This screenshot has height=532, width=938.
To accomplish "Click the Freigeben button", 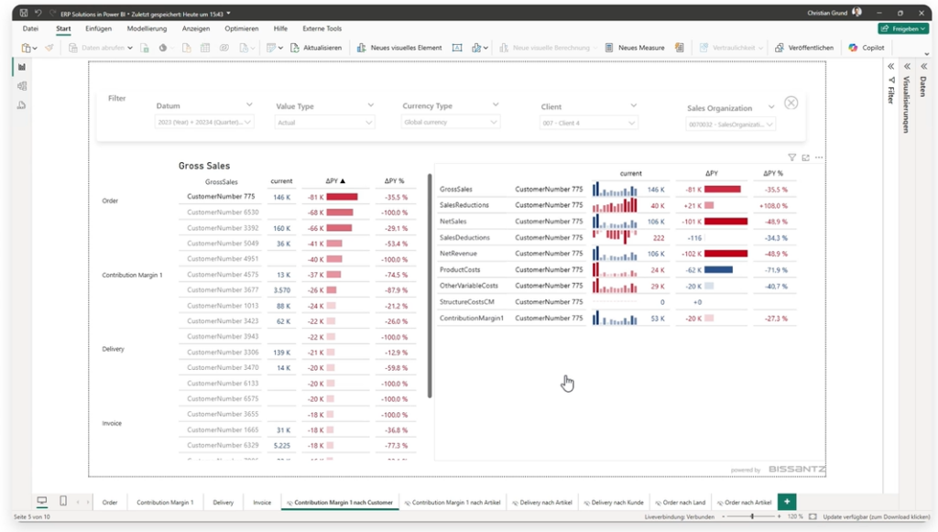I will point(902,28).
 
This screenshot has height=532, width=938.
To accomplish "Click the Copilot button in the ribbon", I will point(867,48).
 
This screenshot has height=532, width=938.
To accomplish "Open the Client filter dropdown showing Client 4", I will point(588,123).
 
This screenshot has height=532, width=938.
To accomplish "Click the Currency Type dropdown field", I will point(451,122).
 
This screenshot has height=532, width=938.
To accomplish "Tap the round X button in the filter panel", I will point(791,103).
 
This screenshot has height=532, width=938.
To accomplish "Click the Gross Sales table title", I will point(204,166).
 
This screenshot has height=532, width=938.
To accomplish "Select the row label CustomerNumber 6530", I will point(223,212).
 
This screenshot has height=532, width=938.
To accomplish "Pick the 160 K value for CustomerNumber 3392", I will point(282,228).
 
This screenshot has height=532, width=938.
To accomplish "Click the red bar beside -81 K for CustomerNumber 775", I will point(342,197).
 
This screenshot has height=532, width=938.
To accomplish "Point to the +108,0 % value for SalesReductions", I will point(774,205).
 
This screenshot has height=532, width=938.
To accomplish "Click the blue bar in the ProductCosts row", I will point(718,270).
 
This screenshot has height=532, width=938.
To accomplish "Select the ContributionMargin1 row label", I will point(472,318).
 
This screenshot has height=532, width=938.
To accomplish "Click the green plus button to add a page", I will point(786,502).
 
